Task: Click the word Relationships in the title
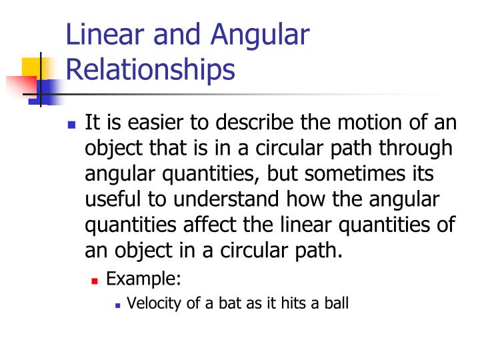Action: point(150,69)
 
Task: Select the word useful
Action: point(113,198)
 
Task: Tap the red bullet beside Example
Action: point(95,279)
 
